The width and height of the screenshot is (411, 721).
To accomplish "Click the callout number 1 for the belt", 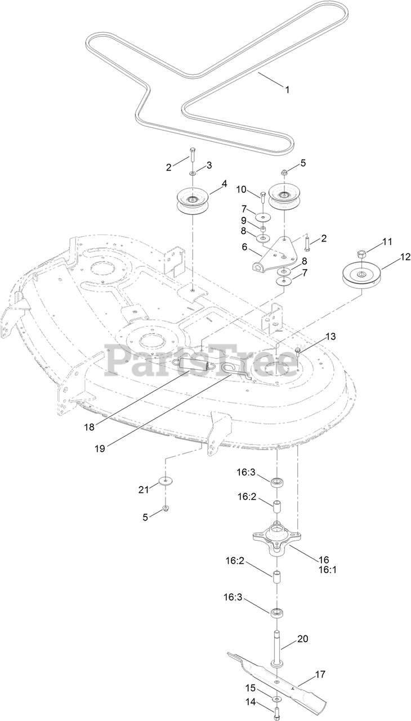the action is coord(287,89).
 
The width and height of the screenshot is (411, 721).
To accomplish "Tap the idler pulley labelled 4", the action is coord(193,201).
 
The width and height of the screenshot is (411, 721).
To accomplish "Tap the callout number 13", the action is coord(330,336).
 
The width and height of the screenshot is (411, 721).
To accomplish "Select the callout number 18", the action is coord(105,426).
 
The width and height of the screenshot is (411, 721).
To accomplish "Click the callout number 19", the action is coord(115,448).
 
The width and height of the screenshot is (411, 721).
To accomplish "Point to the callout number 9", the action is coord(244,220).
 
